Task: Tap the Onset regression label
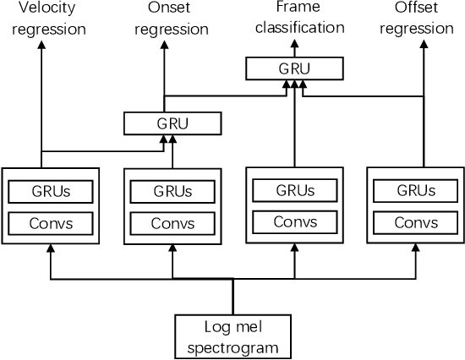tap(172, 19)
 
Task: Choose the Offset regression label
tap(416, 18)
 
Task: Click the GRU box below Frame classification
tap(294, 68)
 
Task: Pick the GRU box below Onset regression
tap(172, 123)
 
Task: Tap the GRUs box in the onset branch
tap(172, 191)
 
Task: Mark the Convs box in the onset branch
tap(172, 224)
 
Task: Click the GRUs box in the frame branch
tap(294, 190)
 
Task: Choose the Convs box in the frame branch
tap(294, 222)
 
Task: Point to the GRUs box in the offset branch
tap(416, 191)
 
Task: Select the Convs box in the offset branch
tap(416, 224)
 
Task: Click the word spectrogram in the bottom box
tap(232, 346)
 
